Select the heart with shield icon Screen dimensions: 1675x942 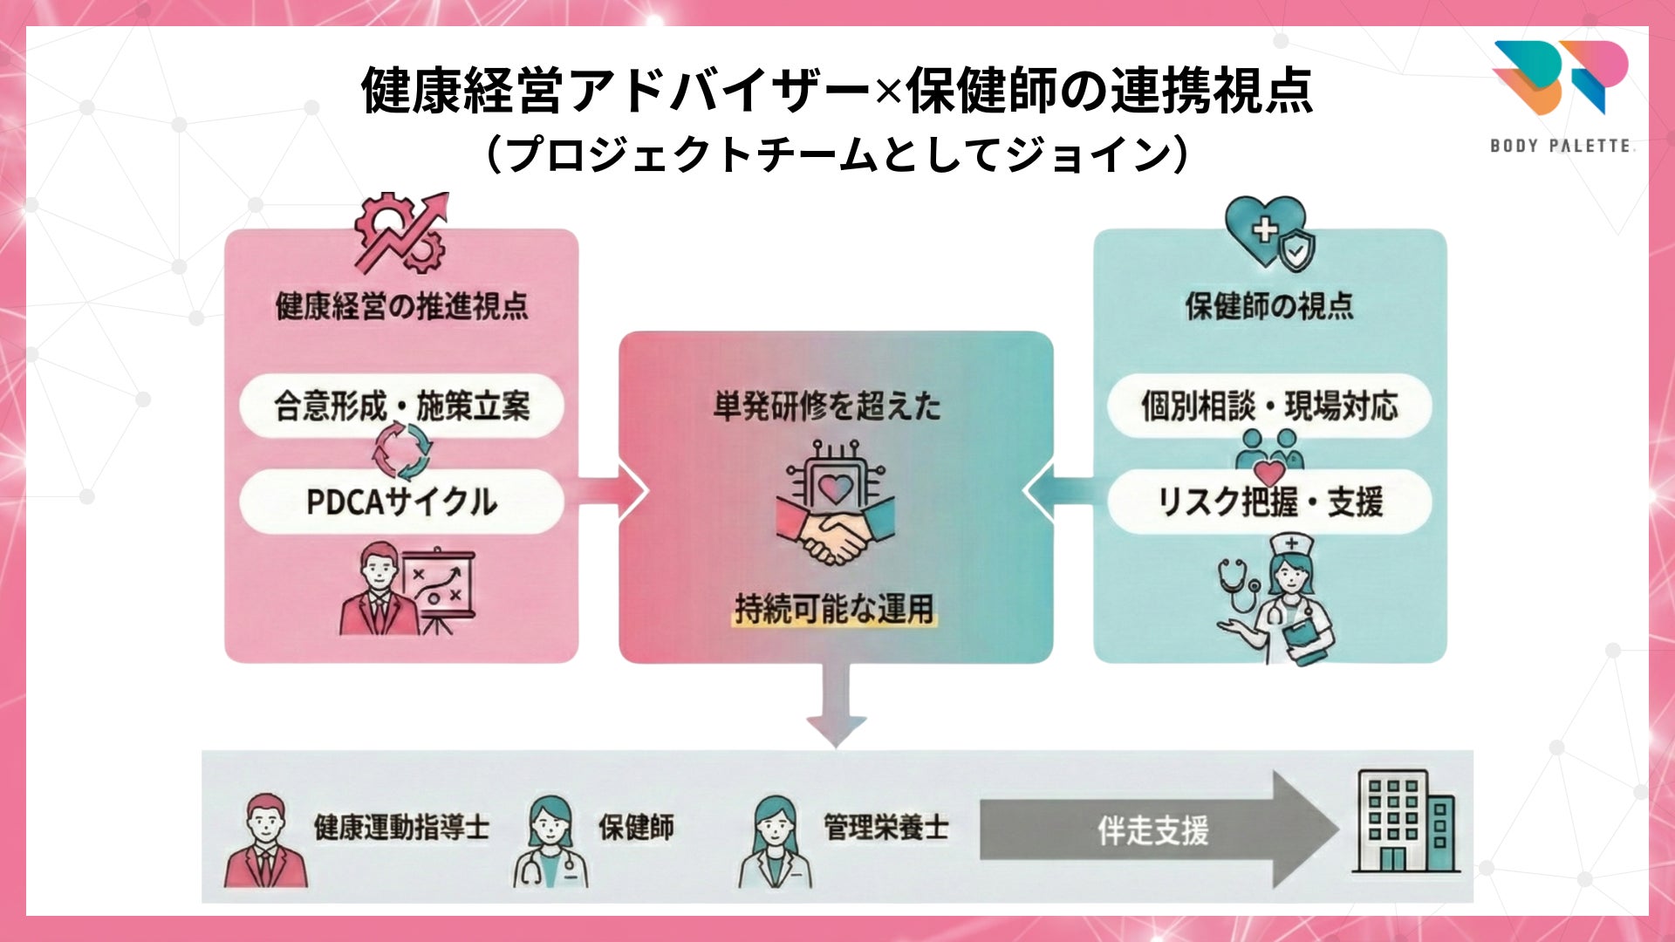(1269, 231)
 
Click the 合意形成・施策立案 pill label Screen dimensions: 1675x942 (401, 406)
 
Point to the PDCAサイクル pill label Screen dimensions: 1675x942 (401, 502)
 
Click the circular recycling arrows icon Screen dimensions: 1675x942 (402, 451)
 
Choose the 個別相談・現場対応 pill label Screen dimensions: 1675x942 (1269, 406)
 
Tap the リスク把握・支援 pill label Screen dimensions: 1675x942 (1269, 502)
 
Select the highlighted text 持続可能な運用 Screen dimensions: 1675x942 (834, 609)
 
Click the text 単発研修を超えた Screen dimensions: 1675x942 (827, 406)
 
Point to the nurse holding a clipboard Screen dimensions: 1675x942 (1281, 602)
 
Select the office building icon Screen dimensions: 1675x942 (1405, 822)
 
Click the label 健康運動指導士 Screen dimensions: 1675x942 (401, 827)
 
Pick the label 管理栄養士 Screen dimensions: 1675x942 (885, 827)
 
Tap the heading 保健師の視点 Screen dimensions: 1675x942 (1269, 306)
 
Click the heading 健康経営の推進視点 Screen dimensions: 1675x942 (401, 306)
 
